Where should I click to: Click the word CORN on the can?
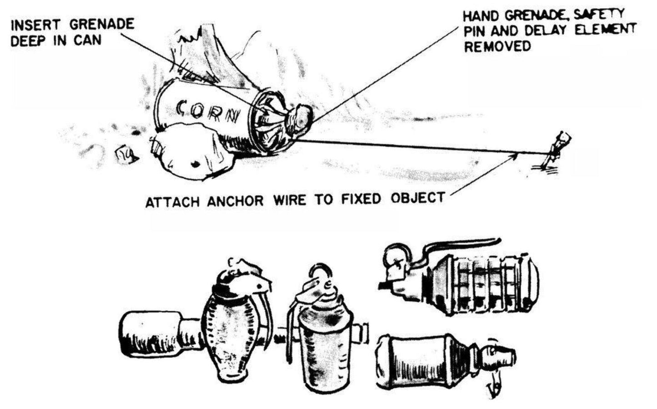click(208, 113)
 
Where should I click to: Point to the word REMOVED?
click(497, 46)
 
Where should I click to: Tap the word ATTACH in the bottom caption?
click(173, 202)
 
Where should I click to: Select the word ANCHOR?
click(235, 201)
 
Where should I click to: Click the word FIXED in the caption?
click(361, 199)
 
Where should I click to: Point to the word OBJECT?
click(418, 198)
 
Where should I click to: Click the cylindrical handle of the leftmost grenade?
click(150, 334)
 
